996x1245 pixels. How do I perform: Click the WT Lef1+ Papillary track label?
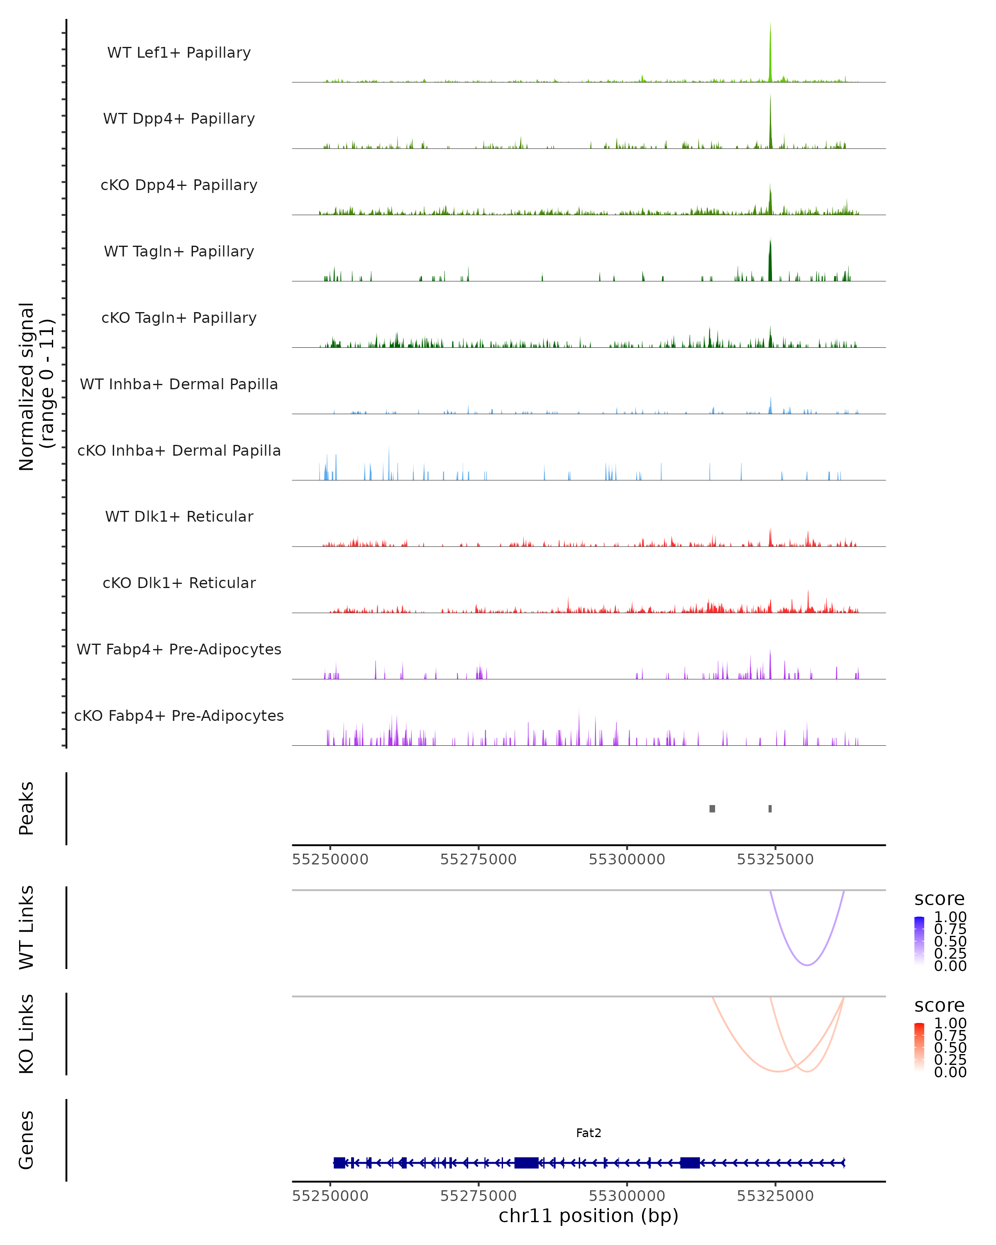click(x=179, y=53)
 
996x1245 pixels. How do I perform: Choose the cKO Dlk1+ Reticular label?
click(x=179, y=583)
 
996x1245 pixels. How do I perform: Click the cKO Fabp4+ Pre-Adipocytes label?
click(x=179, y=715)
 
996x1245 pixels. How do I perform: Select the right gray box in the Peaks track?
click(x=770, y=808)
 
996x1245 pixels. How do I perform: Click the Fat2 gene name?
click(x=588, y=1133)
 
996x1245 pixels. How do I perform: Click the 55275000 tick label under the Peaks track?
click(x=478, y=859)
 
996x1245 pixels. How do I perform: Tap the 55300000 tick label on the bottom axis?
click(x=627, y=1196)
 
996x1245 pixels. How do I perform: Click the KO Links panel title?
click(x=27, y=1034)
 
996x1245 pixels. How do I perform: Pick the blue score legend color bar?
click(x=919, y=941)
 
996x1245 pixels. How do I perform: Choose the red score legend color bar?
click(x=919, y=1047)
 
